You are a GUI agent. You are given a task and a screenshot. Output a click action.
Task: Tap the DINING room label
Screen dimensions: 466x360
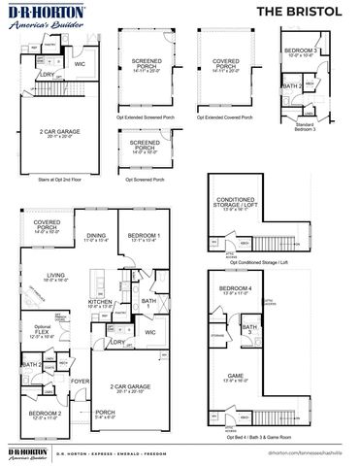(x=95, y=236)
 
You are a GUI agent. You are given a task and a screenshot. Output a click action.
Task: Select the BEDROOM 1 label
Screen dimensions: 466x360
(x=145, y=236)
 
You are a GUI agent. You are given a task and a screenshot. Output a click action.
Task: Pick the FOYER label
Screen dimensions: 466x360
(x=78, y=382)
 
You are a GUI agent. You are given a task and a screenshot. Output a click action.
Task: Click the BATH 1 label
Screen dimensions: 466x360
(x=147, y=302)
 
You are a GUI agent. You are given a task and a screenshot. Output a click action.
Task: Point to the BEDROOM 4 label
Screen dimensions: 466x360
(x=234, y=289)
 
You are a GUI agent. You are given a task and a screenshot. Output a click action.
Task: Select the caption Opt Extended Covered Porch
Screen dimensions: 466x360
(x=225, y=117)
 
